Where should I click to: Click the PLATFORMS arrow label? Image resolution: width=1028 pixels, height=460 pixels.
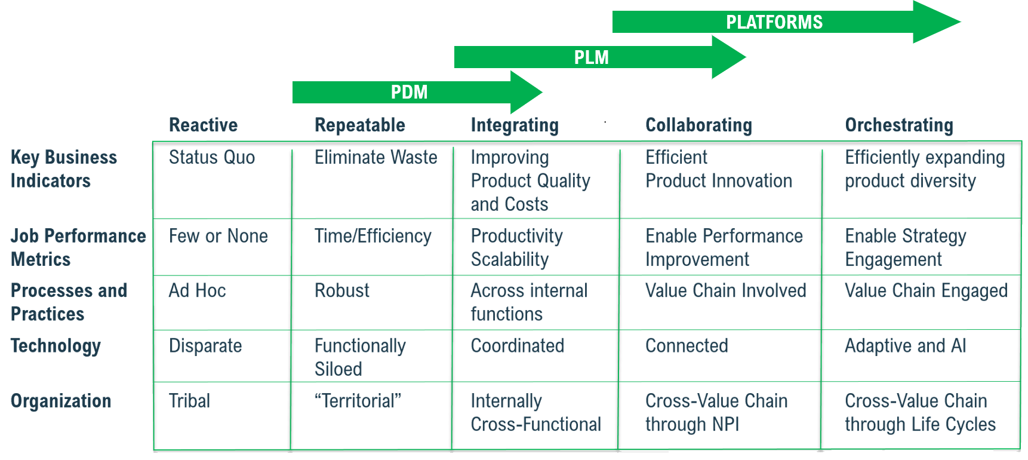774,23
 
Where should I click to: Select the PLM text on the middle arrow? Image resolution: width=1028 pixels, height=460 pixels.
591,57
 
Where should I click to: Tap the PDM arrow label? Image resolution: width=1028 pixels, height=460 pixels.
409,93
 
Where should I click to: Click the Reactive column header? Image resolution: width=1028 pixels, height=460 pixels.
203,125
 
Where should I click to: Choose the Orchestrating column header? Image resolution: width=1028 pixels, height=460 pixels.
898,125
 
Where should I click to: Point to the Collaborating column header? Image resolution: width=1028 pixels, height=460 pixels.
698,125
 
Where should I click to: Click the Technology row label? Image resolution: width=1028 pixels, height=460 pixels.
56,346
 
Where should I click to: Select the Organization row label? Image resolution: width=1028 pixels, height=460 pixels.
61,401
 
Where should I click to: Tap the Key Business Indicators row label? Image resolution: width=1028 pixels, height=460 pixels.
63,169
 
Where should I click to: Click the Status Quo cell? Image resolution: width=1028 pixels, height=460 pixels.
211,157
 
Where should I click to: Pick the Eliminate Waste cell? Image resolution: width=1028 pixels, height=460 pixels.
376,157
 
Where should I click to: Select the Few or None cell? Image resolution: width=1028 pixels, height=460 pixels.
218,236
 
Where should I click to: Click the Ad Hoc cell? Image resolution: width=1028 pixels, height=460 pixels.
197,291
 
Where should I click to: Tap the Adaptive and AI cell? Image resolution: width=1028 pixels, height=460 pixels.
905,346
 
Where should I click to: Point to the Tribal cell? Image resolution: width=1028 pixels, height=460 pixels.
189,401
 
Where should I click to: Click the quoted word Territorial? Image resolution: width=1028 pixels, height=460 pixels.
358,401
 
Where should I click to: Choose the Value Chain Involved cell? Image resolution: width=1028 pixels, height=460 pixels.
725,291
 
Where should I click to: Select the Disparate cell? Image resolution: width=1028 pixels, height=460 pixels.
205,346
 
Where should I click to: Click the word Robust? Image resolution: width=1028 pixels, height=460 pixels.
341,291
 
